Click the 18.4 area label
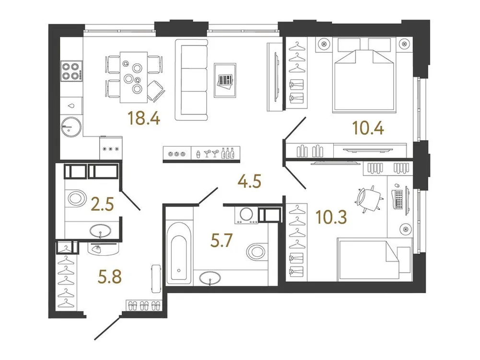click(140, 117)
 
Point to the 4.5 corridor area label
click(250, 182)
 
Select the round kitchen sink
click(70, 126)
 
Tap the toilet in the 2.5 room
click(76, 198)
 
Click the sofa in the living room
click(191, 80)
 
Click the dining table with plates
click(133, 76)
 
